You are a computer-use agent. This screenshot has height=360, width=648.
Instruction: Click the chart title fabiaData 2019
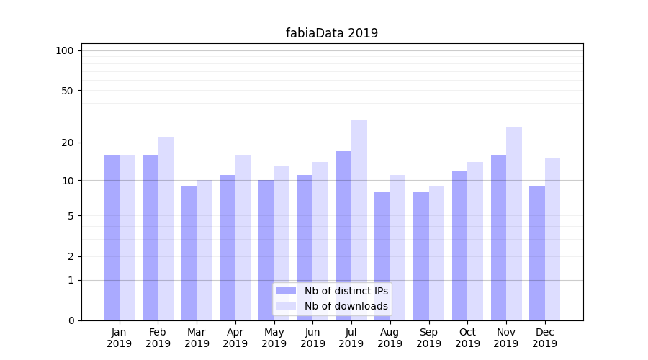pos(331,33)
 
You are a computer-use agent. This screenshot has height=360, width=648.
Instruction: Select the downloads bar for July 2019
pos(359,220)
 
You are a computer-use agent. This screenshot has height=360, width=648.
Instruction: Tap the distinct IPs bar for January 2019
pos(112,238)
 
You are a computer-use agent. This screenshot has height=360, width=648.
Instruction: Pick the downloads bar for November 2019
pos(514,223)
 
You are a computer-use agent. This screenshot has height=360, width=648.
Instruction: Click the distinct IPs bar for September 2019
pos(421,256)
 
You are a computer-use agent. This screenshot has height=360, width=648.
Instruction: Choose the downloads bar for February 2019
pos(166,228)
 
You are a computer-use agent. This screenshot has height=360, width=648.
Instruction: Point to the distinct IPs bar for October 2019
pos(460,245)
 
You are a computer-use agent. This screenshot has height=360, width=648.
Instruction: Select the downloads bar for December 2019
pos(553,239)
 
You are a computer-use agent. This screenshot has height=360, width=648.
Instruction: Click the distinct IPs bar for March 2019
pos(189,253)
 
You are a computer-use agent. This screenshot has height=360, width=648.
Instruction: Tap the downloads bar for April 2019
pos(243,238)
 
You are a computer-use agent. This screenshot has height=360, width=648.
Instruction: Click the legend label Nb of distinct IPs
pos(346,291)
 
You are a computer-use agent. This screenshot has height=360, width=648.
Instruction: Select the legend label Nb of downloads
pos(346,306)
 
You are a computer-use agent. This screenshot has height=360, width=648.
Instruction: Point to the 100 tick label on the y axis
pos(65,50)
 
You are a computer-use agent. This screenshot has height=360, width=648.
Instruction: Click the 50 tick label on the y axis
pos(68,91)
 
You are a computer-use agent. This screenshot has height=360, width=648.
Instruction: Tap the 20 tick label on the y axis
pos(68,143)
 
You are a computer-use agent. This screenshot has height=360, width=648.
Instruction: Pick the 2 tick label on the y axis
pos(71,256)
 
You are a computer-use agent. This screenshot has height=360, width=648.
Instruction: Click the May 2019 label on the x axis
pos(274,338)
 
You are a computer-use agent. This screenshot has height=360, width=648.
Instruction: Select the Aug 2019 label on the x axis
pos(390,338)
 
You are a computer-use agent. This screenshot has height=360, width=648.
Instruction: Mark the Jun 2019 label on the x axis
pos(312,338)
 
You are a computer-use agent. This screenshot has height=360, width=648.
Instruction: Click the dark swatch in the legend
pos(287,291)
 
